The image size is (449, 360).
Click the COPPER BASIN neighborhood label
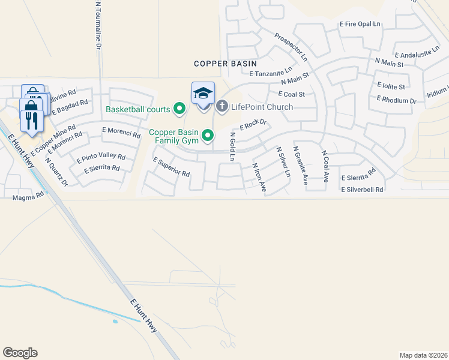click(x=225, y=63)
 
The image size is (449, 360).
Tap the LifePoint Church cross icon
click(x=221, y=107)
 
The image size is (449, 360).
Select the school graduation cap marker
click(x=203, y=94)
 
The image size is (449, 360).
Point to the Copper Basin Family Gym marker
click(x=208, y=136)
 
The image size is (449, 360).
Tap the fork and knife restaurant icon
click(x=30, y=122)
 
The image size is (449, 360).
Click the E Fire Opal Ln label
click(x=360, y=24)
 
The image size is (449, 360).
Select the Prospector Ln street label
click(x=291, y=47)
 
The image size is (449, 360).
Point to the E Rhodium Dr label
click(x=397, y=100)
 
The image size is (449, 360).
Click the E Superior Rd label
click(x=172, y=167)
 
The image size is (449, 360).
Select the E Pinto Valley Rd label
click(x=101, y=159)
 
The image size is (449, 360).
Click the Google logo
click(x=20, y=353)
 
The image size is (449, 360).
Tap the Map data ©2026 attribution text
click(x=423, y=355)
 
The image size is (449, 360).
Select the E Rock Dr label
click(x=253, y=125)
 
